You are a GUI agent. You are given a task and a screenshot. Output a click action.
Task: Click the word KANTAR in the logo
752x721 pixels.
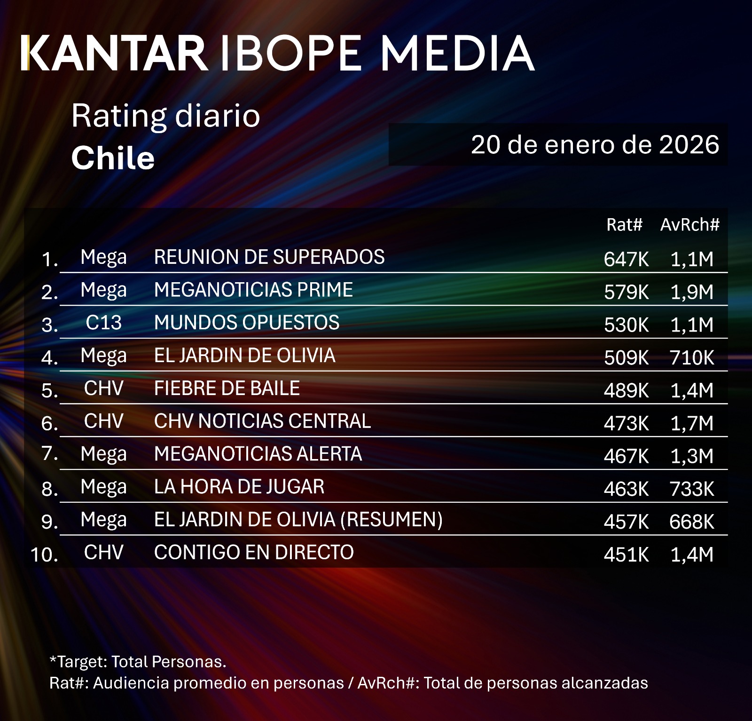click(x=114, y=53)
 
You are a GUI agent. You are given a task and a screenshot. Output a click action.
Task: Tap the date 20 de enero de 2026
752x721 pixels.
click(x=595, y=144)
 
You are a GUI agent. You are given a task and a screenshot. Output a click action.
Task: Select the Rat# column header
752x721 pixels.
click(x=624, y=225)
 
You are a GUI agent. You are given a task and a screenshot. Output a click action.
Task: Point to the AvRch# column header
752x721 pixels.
click(x=689, y=225)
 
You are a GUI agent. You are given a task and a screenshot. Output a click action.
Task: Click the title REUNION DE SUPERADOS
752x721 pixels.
click(x=269, y=257)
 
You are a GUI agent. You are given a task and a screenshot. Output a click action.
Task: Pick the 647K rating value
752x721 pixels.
click(x=626, y=259)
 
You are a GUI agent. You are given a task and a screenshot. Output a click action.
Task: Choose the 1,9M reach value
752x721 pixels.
click(x=692, y=292)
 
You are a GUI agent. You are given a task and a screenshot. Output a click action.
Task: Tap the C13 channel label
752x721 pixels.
click(x=103, y=323)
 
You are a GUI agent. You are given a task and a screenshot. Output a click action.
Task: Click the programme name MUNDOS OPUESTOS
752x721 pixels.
click(x=247, y=323)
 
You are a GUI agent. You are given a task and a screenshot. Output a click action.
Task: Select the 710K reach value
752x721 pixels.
click(x=692, y=358)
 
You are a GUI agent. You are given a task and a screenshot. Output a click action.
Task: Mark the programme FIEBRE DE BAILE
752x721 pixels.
click(x=227, y=388)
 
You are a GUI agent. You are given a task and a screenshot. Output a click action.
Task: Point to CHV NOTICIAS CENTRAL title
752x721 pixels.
click(x=262, y=421)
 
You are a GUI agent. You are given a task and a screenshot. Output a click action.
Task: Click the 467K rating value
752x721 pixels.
click(x=626, y=456)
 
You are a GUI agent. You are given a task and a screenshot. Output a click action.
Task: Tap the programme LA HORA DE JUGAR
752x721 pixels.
click(x=239, y=487)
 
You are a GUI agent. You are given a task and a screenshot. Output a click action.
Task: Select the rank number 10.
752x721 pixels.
click(x=44, y=555)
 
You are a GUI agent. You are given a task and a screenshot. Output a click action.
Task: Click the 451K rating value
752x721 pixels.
click(x=626, y=555)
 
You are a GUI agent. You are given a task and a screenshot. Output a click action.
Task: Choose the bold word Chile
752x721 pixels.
click(x=113, y=158)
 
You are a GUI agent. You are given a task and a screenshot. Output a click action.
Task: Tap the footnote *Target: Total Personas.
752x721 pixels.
click(x=138, y=662)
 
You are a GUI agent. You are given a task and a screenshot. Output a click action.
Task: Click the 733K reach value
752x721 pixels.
click(x=692, y=489)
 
